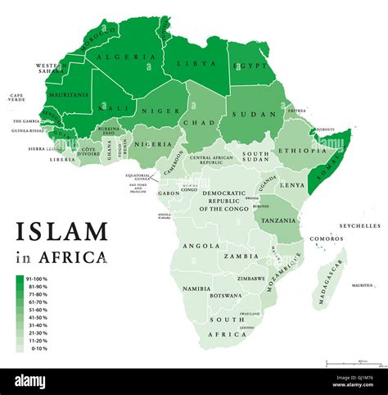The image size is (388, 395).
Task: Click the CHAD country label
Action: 201,123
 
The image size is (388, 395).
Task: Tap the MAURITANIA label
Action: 69,95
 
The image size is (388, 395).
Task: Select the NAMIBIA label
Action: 199,289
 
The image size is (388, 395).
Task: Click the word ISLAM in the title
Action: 61,231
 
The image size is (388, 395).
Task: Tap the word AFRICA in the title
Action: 74,257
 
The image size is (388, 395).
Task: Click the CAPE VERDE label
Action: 18,99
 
